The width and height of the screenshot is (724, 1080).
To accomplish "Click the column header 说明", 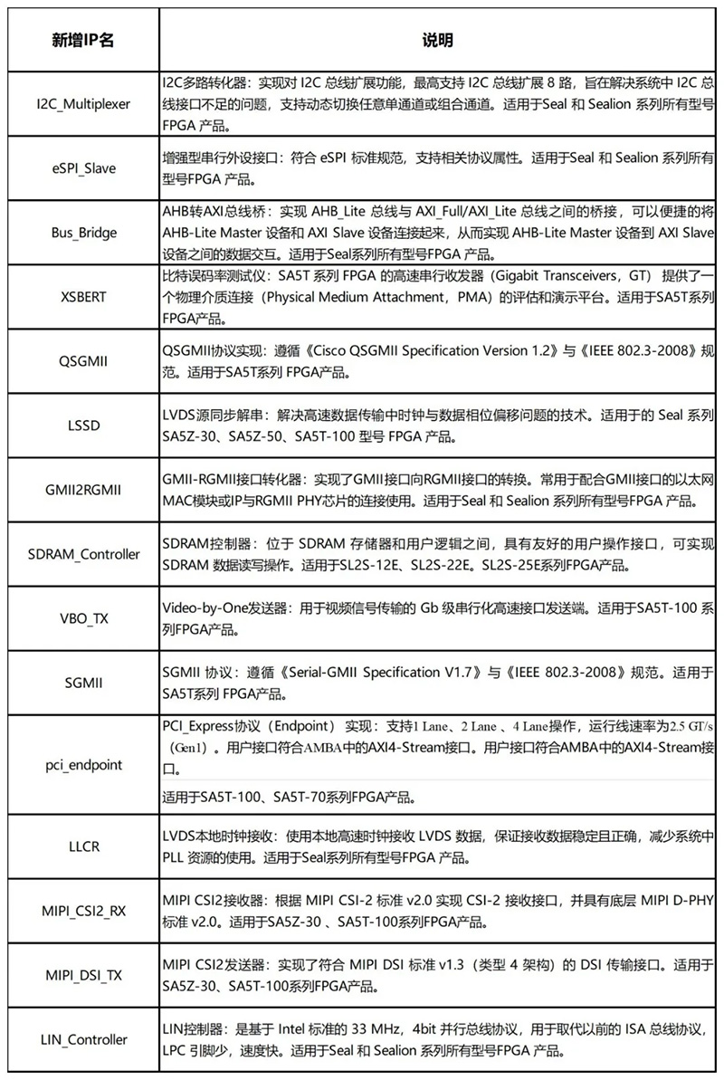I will pyautogui.click(x=438, y=41).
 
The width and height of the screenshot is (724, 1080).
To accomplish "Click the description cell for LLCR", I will pyautogui.click(x=438, y=847).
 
